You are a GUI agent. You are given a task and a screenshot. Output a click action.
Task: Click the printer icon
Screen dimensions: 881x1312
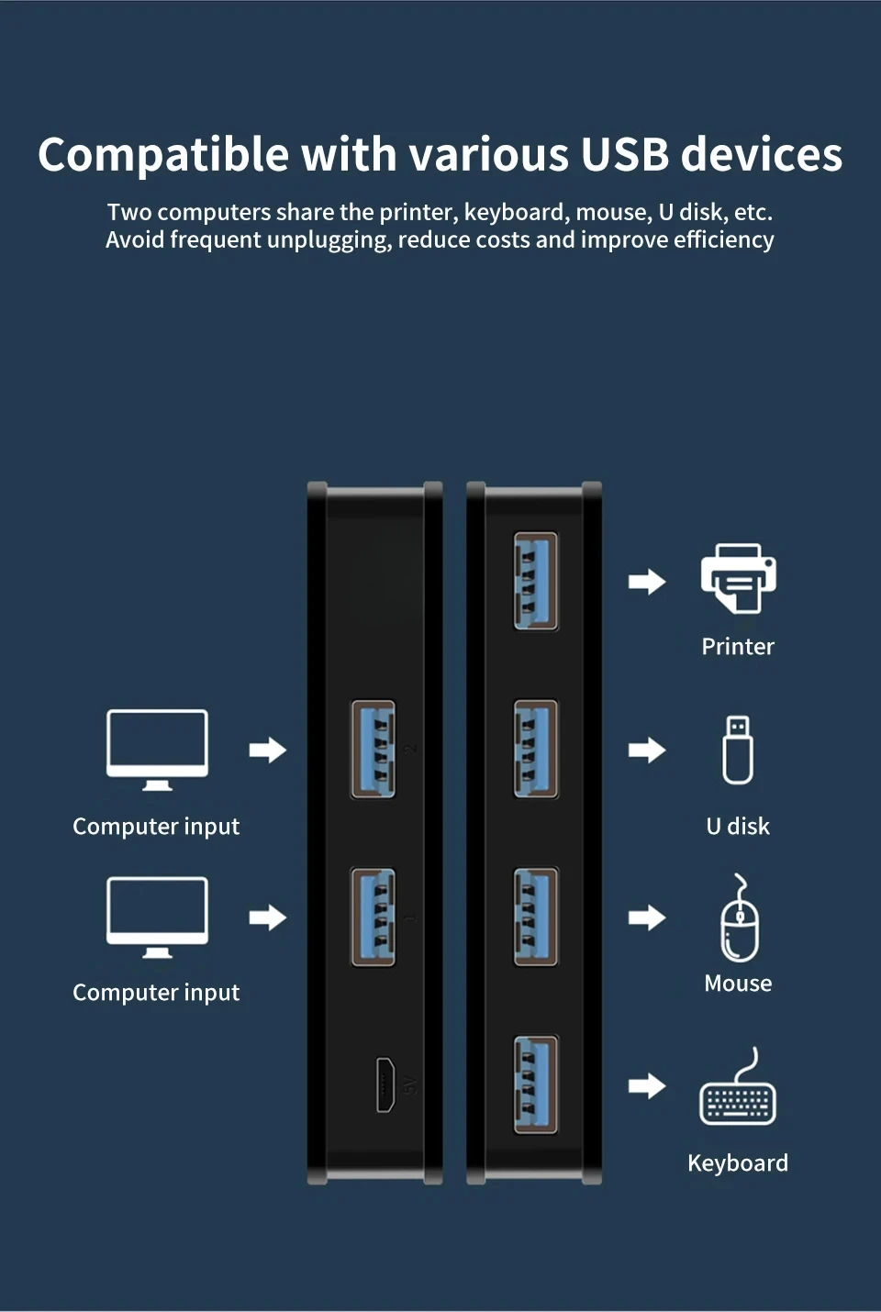click(x=738, y=579)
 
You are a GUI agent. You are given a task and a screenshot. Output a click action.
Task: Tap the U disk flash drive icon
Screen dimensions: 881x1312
click(x=738, y=750)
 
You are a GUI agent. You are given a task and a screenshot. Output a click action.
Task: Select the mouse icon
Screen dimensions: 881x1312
click(x=740, y=917)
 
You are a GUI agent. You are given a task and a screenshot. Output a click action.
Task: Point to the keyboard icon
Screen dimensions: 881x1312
click(x=738, y=1086)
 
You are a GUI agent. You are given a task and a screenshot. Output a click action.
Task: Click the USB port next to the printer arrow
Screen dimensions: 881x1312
click(x=535, y=581)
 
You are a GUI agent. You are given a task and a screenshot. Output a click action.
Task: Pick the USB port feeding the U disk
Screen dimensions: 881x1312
click(x=535, y=750)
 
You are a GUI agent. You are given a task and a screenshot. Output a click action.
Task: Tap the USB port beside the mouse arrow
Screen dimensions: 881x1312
click(x=535, y=917)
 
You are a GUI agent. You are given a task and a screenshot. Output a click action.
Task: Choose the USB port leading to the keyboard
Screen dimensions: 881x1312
click(x=535, y=1084)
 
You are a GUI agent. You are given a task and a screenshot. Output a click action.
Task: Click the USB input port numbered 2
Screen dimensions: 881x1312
click(x=374, y=750)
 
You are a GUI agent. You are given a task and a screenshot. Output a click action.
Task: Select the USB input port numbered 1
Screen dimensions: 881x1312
click(x=374, y=917)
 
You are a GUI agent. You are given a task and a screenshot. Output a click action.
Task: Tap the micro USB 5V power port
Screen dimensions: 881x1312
click(x=385, y=1084)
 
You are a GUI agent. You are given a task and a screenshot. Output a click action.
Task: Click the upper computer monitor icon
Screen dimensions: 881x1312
click(x=157, y=750)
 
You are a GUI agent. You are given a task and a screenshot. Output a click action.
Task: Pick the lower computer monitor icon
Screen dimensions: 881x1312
click(x=157, y=917)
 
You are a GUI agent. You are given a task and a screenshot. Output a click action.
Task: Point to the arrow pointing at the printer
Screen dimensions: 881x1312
click(x=647, y=582)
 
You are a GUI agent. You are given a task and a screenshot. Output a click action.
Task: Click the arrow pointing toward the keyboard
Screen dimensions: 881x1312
click(x=647, y=1086)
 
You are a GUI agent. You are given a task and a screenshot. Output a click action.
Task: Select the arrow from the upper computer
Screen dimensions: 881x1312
click(x=268, y=750)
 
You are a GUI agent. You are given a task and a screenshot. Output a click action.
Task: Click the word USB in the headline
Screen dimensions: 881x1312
click(x=624, y=154)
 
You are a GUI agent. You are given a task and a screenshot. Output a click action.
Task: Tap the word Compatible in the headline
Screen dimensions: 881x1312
click(x=163, y=155)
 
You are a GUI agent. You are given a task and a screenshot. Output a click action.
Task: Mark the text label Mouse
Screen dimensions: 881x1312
click(x=738, y=984)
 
